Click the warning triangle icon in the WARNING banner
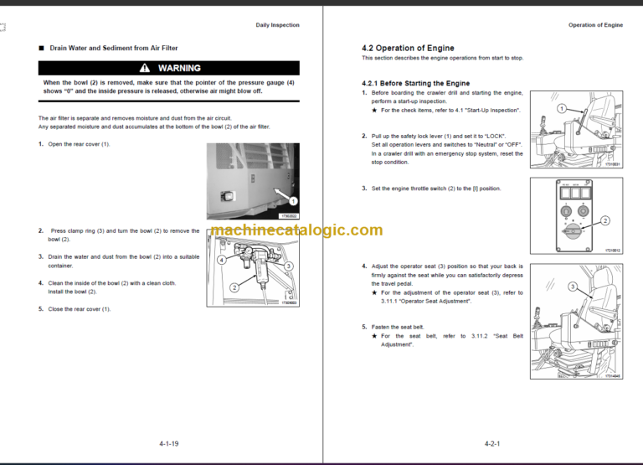point(145,68)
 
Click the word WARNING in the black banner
point(179,68)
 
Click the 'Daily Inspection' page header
point(276,25)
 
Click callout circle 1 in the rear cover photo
point(293,201)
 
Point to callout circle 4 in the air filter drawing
point(222,260)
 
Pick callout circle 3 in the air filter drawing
point(288,266)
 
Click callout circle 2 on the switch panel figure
point(605,220)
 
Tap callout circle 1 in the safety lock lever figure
point(562,109)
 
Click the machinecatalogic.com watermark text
point(296,230)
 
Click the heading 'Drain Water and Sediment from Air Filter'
point(113,49)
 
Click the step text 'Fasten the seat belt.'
point(399,326)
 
